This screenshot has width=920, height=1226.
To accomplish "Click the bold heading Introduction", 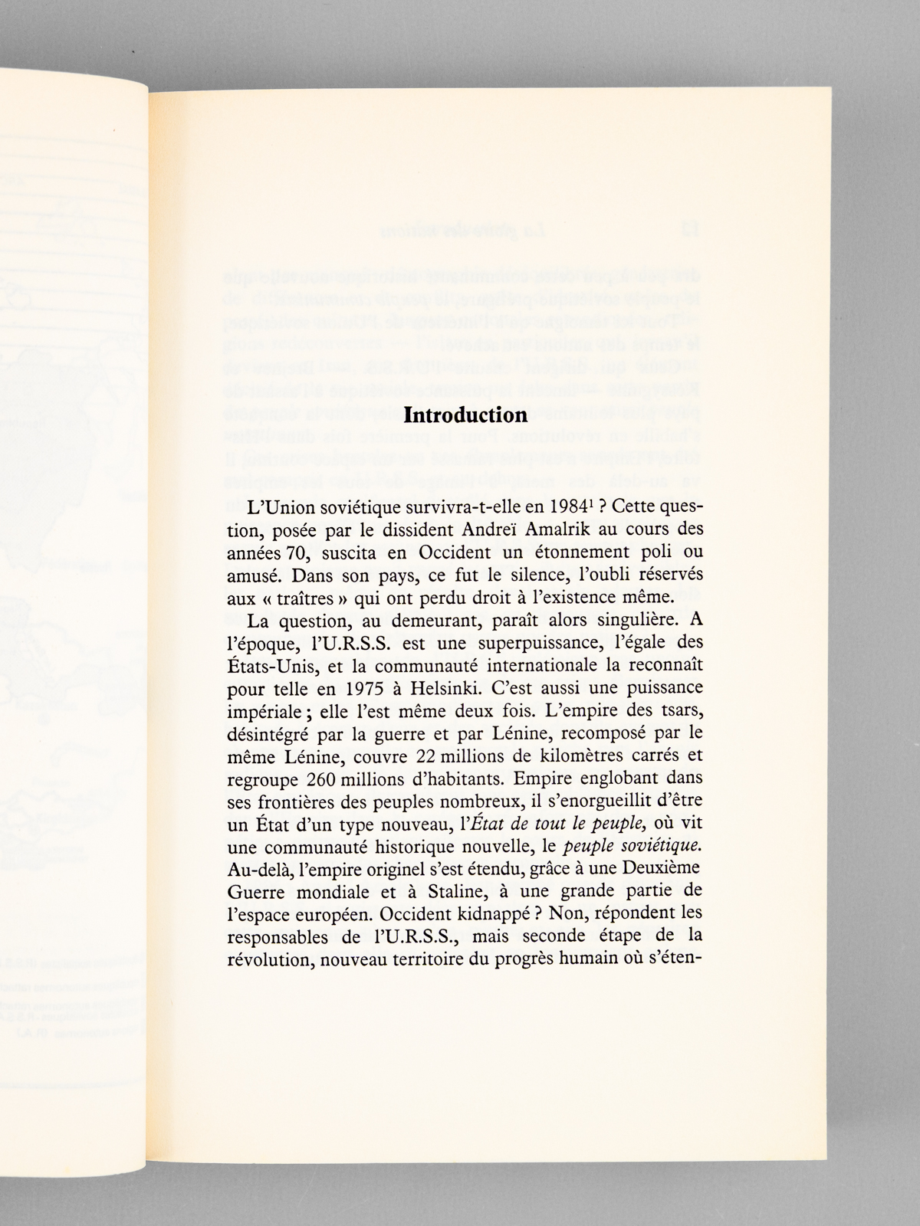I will click(465, 416).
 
